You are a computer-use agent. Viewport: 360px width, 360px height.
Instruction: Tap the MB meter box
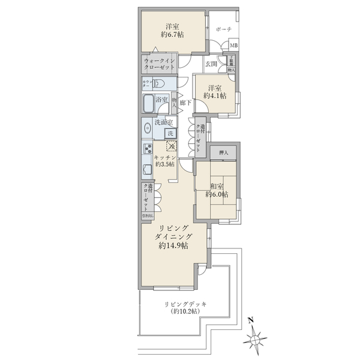point(233,46)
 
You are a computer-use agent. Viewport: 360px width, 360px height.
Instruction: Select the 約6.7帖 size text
point(173,35)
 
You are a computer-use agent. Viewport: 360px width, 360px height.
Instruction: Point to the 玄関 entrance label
point(210,64)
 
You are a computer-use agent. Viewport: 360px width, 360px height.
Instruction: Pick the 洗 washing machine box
point(171,133)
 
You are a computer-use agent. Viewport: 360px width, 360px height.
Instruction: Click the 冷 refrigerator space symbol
point(172,145)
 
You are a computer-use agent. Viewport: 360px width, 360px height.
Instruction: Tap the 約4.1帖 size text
point(214,95)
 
